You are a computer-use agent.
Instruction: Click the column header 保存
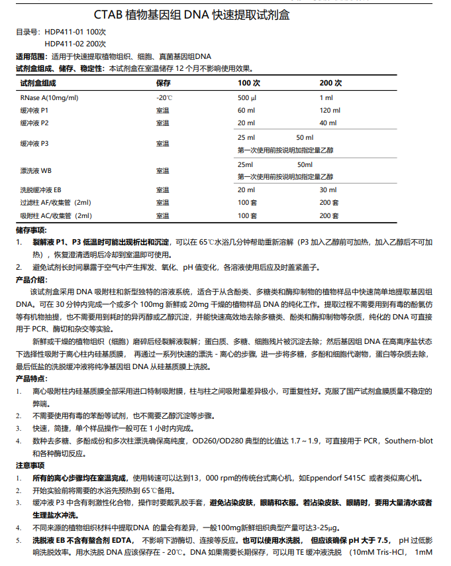tap(164, 84)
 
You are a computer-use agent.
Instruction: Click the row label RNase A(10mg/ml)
tap(49, 97)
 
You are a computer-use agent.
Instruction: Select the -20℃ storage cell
tap(164, 97)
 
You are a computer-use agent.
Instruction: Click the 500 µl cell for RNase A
tap(247, 97)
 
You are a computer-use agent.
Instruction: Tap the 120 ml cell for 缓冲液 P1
tap(329, 110)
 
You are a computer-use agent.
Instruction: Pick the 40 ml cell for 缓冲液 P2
tap(328, 123)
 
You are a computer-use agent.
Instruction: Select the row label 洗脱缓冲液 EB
tap(41, 190)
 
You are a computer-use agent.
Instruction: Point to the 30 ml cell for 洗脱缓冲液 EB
tap(328, 190)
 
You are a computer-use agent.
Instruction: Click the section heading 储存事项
tap(31, 229)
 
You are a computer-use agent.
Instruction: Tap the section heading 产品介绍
tap(31, 280)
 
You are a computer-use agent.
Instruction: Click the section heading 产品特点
tap(31, 378)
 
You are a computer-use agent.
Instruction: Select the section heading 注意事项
tap(31, 466)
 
